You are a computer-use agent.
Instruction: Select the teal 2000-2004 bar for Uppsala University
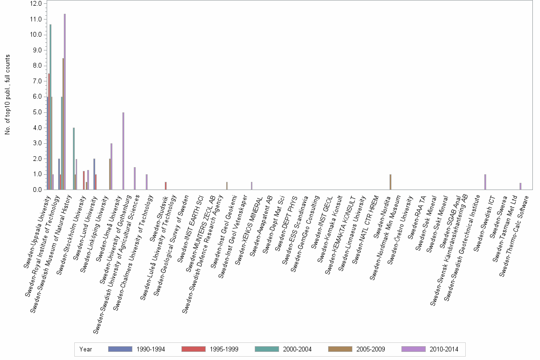tap(50, 107)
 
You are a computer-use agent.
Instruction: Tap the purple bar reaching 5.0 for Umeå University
tap(123, 151)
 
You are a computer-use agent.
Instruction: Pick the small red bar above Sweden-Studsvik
tap(166, 186)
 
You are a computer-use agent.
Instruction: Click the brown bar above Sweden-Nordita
tap(390, 182)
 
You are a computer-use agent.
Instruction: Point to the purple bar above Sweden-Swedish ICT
tap(485, 182)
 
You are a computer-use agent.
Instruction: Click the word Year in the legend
tap(86, 349)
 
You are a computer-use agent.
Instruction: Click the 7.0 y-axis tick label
tap(37, 81)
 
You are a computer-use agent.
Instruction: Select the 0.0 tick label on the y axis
tap(37, 190)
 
